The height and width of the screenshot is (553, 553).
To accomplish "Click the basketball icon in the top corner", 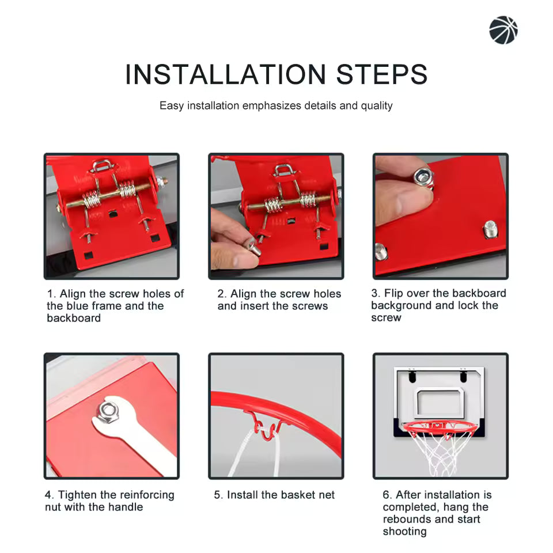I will coord(503,30).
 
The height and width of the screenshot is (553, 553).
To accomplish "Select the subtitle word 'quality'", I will coord(377,105).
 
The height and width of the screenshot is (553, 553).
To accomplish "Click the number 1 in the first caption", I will coord(50,294).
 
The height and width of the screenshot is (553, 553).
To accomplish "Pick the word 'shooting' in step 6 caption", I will coord(404,531).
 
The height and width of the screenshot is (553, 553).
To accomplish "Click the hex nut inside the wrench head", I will coord(108,412).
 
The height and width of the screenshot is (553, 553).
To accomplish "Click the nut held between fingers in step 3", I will coord(423,177).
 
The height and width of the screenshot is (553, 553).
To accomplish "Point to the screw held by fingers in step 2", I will coord(253,247).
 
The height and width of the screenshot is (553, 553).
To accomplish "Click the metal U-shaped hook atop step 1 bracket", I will coord(102,166).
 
